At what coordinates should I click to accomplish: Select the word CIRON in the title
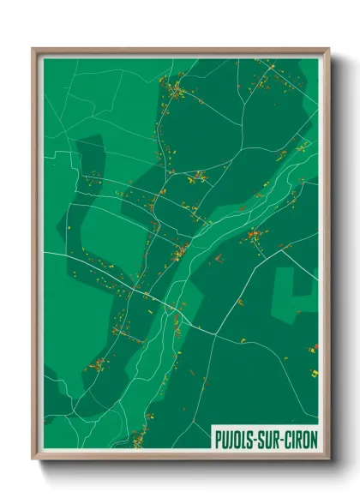tap(299, 440)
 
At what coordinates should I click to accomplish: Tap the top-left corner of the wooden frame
tap(33, 49)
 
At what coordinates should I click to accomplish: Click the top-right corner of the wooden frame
tap(329, 49)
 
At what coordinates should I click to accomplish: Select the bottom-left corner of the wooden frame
tap(33, 460)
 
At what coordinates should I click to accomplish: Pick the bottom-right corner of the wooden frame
tap(329, 460)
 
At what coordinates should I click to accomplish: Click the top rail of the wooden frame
tap(180, 51)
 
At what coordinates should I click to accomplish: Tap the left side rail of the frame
tap(35, 257)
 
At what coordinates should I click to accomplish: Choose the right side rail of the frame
tap(327, 257)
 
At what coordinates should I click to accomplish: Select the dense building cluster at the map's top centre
tap(175, 89)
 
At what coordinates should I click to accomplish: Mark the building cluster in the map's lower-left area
tap(97, 364)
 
